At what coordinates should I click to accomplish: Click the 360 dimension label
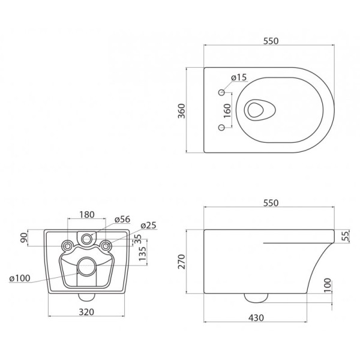tap(182, 111)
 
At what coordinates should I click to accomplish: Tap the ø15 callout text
tap(239, 77)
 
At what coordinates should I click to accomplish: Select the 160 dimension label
tap(227, 110)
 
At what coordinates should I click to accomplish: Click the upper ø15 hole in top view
tap(221, 92)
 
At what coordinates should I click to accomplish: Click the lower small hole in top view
tap(221, 127)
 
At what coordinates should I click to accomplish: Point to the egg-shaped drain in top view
tap(260, 110)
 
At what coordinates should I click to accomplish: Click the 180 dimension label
tap(87, 215)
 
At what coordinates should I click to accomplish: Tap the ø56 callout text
tap(122, 219)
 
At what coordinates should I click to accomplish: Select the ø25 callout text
tap(148, 225)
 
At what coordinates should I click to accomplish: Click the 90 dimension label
tap(24, 238)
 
